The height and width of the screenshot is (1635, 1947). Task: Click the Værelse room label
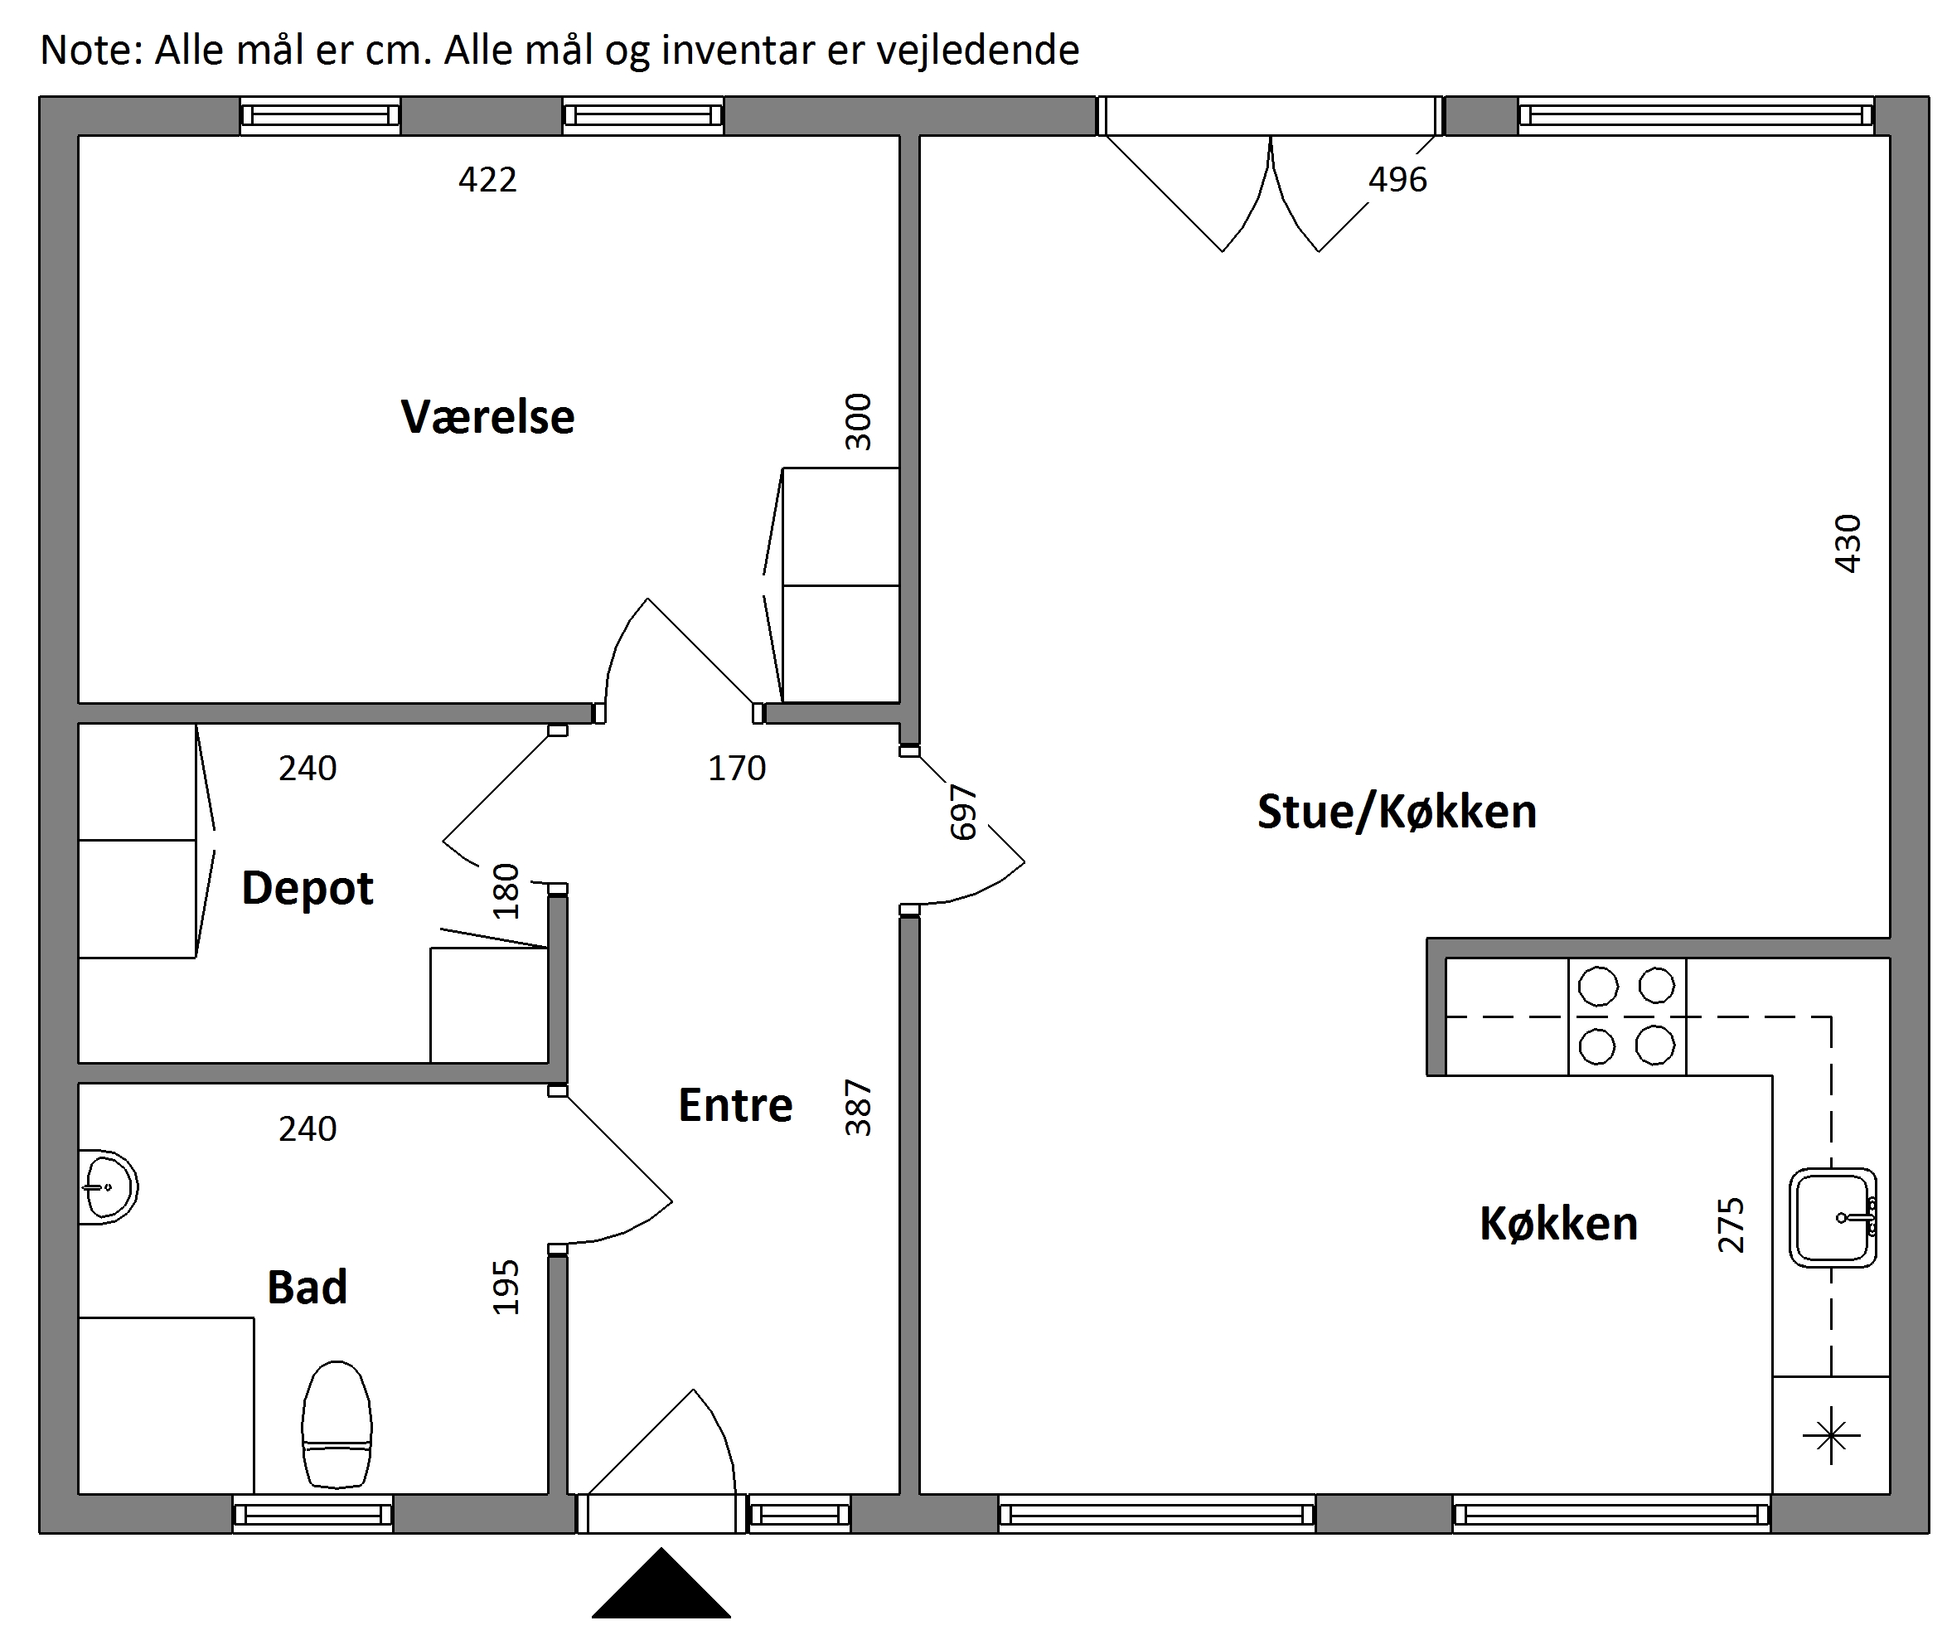click(x=487, y=416)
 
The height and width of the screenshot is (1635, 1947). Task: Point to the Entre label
click(x=735, y=1105)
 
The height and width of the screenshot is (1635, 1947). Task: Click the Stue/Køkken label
click(x=1397, y=812)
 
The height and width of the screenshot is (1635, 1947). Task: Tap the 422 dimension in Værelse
click(x=487, y=179)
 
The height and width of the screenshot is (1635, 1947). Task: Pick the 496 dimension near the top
click(x=1398, y=179)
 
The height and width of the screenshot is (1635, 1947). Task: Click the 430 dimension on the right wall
click(x=1848, y=543)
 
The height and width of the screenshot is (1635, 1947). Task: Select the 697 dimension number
click(x=964, y=813)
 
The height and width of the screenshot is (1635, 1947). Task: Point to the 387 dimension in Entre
click(x=859, y=1108)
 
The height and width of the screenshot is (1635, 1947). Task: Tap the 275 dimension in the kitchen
click(x=1731, y=1225)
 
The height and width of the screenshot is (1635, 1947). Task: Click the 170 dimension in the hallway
click(x=737, y=769)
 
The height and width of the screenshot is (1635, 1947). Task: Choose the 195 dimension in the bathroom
click(x=506, y=1286)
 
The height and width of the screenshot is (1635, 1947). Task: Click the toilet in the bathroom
click(x=337, y=1424)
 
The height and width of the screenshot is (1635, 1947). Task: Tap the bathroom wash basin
click(x=108, y=1187)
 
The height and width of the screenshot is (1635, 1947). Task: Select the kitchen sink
click(x=1833, y=1218)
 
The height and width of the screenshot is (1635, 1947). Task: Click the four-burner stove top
click(x=1627, y=1016)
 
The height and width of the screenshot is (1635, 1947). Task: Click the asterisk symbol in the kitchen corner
click(x=1831, y=1437)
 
